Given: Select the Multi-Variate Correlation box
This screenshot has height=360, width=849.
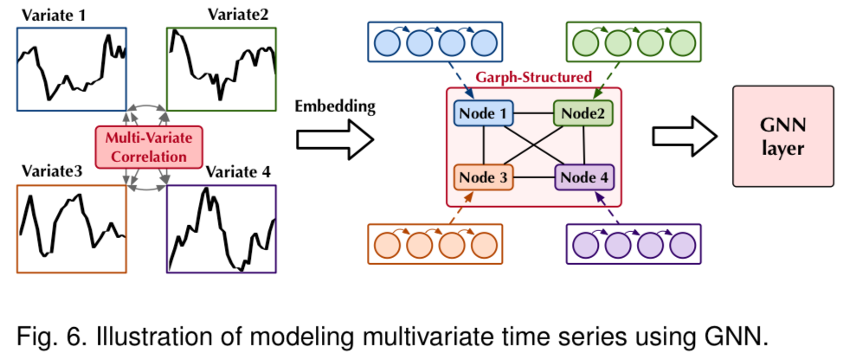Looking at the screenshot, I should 148,146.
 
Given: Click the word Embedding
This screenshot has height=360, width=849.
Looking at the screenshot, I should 335,106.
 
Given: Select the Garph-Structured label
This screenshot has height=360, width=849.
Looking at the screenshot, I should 534,77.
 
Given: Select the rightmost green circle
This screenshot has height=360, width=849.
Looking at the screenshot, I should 683,42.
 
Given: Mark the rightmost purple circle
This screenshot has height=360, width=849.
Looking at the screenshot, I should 683,244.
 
